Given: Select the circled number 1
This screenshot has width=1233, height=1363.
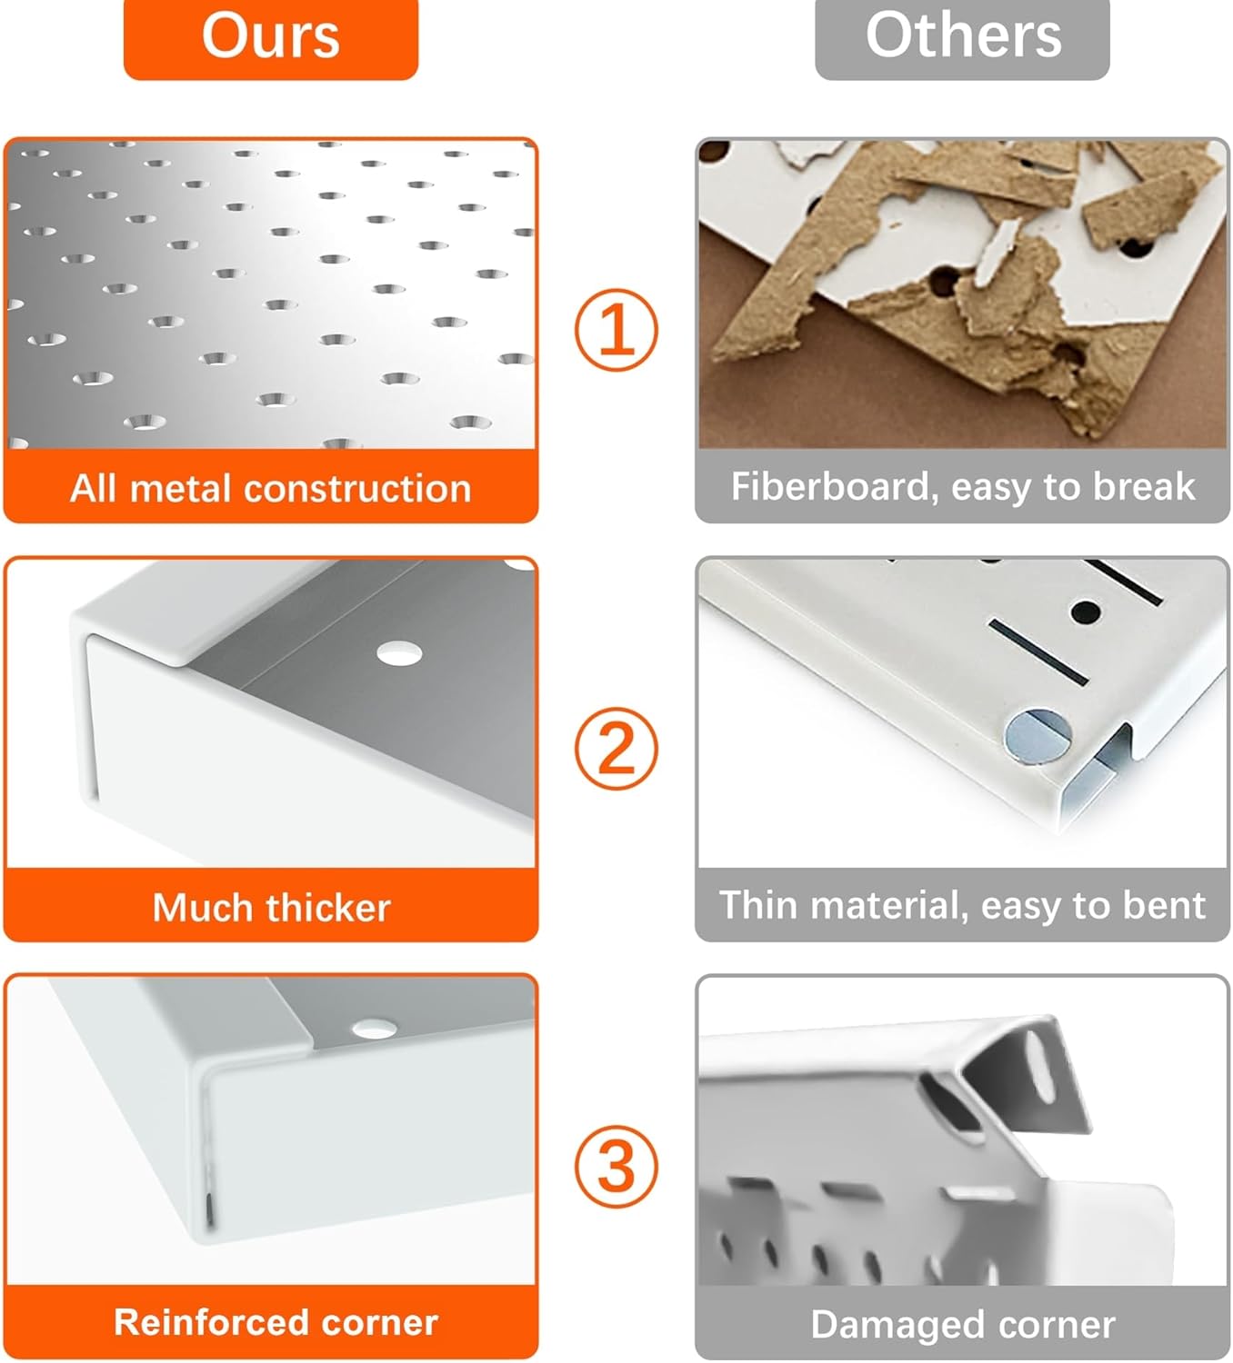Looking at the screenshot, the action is pos(616,330).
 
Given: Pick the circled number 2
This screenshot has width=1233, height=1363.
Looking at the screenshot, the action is pos(616,748).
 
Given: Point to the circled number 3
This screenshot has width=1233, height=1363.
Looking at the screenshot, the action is pos(616,1166).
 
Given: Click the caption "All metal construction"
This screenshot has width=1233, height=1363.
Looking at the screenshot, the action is pos(271,489).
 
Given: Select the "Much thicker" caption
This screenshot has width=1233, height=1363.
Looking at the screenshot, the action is pos(271,907).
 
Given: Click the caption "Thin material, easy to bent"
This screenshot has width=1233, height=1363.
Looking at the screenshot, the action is pos(963,906).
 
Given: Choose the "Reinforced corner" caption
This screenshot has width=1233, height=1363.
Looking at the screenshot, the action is pos(276,1322).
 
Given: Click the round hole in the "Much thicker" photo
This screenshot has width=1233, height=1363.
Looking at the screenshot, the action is pos(399,653).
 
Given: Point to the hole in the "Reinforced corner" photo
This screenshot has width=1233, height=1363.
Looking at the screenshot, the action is pos(374,1028).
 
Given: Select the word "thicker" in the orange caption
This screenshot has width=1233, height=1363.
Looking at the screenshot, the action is pos(328,907).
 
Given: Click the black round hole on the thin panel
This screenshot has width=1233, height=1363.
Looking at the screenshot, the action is pos(1086,612).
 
